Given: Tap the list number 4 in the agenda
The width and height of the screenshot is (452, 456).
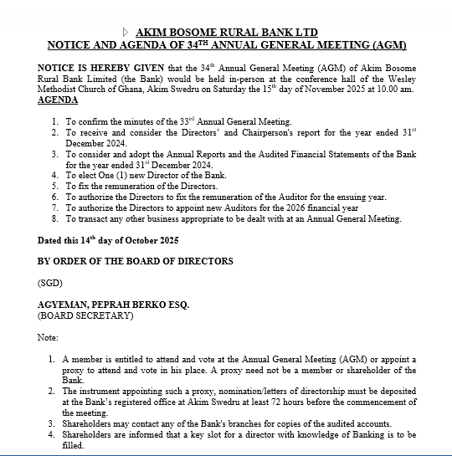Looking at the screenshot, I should coord(54,175).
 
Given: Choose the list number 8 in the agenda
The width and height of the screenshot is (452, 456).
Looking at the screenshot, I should coord(54,218).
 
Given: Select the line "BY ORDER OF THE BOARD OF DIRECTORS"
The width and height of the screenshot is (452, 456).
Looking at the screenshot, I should coord(136,261).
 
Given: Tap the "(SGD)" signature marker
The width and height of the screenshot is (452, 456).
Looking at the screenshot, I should coord(50,284).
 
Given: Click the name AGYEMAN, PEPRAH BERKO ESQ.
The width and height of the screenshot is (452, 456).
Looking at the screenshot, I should coord(114,305).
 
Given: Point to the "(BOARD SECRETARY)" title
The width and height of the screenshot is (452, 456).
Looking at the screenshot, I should coord(85,316).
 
